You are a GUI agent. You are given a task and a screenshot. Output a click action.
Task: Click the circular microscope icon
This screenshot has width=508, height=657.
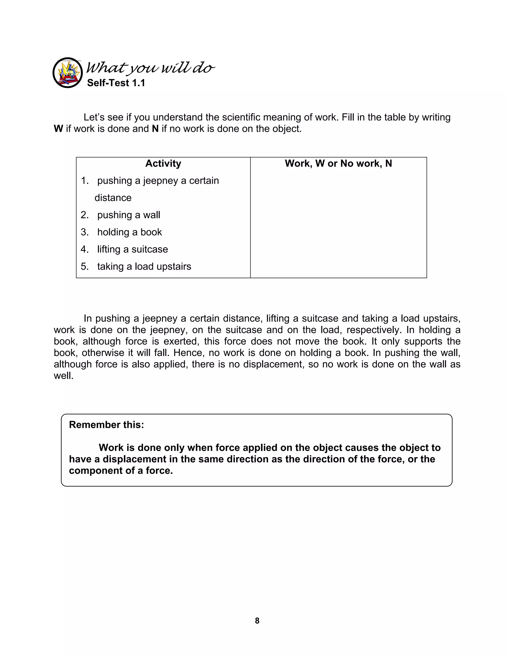tap(67, 72)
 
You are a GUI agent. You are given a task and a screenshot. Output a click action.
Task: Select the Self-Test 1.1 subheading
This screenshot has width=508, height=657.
tap(116, 83)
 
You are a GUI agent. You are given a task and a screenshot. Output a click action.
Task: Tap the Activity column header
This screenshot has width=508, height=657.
tap(163, 163)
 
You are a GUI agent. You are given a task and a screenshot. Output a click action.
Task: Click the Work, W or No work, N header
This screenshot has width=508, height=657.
tap(338, 163)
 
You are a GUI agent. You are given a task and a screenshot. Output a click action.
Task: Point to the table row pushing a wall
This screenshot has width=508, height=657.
tap(128, 215)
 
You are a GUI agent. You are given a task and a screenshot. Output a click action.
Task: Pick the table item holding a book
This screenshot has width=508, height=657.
tap(129, 232)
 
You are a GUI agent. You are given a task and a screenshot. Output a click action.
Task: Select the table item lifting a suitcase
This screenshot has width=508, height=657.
tap(132, 249)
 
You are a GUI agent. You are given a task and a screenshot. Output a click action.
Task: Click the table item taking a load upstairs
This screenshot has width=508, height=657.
tap(144, 266)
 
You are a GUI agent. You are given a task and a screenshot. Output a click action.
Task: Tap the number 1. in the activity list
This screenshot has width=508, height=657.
tap(85, 180)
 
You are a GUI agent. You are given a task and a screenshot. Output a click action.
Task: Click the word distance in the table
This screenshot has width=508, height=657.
tap(113, 198)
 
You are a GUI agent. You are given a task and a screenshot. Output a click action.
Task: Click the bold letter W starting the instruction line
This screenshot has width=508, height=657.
tap(58, 129)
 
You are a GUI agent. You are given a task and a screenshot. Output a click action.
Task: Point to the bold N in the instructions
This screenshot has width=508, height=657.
tap(155, 129)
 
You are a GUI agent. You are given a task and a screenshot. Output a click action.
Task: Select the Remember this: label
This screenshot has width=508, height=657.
tap(106, 424)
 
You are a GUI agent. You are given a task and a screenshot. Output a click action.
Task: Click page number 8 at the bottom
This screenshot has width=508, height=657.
tap(257, 621)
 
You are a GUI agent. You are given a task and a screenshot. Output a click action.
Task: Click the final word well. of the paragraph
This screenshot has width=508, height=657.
tap(63, 375)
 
